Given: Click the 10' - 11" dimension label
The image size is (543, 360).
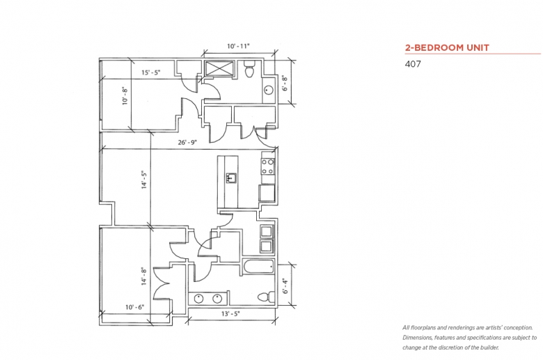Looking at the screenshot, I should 238,47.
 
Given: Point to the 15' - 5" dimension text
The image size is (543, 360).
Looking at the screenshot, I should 153,71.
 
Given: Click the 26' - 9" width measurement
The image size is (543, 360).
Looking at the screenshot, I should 189,142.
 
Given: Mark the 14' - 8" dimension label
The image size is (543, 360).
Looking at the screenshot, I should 144,276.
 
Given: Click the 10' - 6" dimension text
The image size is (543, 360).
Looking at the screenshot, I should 135,306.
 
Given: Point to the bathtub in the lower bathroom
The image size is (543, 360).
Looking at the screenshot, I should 258,268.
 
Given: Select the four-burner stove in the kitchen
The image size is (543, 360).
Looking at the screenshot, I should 267,166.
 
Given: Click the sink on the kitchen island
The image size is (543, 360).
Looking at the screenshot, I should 230,178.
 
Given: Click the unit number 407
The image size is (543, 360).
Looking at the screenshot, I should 413,64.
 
